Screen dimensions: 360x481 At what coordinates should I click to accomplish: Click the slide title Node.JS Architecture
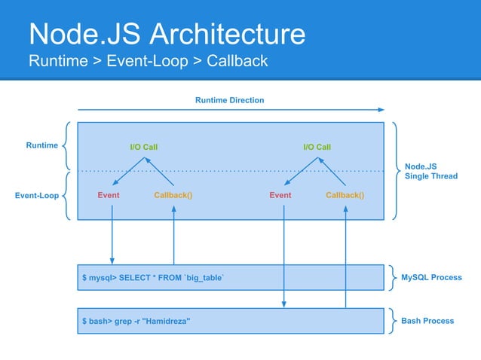click(x=167, y=34)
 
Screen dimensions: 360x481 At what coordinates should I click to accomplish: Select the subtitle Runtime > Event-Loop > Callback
click(x=148, y=61)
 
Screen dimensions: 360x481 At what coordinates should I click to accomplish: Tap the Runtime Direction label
click(x=230, y=100)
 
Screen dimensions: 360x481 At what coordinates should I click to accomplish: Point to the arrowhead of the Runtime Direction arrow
click(x=381, y=111)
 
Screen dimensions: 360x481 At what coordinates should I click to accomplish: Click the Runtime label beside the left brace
click(x=42, y=145)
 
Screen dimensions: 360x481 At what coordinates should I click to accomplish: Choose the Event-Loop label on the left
click(x=37, y=196)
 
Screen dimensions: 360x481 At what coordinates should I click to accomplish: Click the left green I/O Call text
click(x=143, y=147)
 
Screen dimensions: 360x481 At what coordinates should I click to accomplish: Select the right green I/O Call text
click(x=317, y=147)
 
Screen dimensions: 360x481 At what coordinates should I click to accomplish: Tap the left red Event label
click(x=109, y=195)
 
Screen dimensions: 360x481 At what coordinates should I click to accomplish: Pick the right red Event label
click(x=280, y=195)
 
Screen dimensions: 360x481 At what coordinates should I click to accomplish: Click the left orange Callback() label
click(x=173, y=195)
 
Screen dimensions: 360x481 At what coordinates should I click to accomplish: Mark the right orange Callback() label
click(x=345, y=195)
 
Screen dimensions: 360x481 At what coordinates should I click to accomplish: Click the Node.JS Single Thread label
click(x=431, y=172)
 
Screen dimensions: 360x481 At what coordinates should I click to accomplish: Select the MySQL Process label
click(x=431, y=277)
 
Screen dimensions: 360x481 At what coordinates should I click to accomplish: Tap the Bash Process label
click(x=427, y=321)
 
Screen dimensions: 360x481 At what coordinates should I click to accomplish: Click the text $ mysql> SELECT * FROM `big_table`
click(x=153, y=278)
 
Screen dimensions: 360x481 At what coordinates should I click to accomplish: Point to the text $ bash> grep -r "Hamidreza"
click(x=136, y=322)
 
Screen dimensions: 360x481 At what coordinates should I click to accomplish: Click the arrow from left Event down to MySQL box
click(x=112, y=233)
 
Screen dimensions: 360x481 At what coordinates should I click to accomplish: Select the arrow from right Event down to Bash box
click(x=284, y=256)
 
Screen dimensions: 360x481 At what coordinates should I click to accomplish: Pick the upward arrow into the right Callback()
click(x=346, y=256)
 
